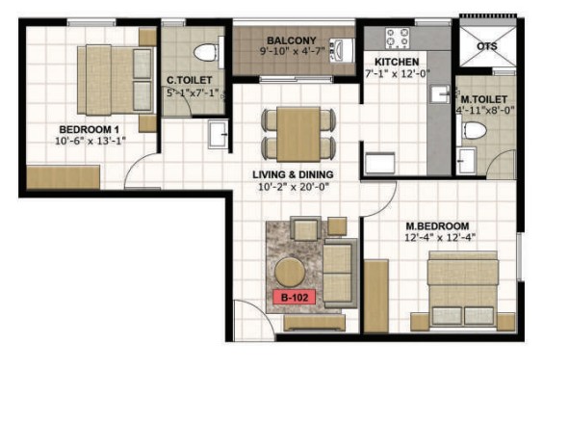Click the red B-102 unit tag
point(294,298)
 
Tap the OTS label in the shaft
point(486,46)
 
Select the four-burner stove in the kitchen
point(398,39)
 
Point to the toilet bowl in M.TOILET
point(472,130)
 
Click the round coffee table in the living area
point(290,272)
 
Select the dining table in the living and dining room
point(298,134)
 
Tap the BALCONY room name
point(292,40)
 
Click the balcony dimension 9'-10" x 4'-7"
point(292,51)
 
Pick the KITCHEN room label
point(397,62)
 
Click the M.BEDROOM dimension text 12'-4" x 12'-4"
point(440,238)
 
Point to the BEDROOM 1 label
point(90,129)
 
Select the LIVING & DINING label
point(293,174)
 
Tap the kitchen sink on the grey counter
point(440,94)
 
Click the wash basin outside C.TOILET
point(219,134)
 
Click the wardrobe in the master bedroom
point(376,296)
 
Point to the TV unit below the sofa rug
point(314,323)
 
